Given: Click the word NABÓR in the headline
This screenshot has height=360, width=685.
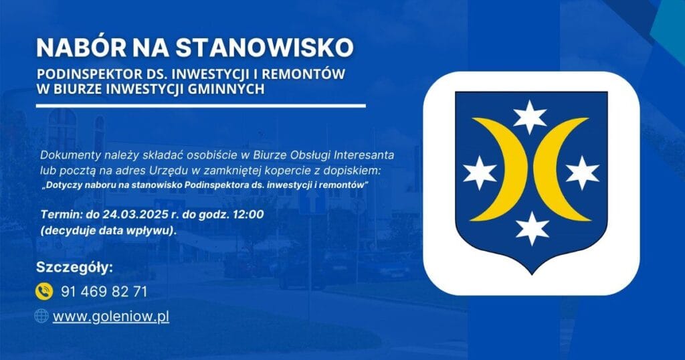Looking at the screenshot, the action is click(81, 48).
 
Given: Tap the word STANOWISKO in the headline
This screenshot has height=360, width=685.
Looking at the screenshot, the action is click(264, 48).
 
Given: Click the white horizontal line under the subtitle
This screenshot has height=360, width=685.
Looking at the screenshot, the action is click(201, 106).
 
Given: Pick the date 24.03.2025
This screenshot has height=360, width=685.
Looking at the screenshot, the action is click(131, 215).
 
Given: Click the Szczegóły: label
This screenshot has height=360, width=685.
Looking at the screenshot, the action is click(74, 268).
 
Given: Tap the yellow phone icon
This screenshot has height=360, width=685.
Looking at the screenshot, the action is click(44, 291).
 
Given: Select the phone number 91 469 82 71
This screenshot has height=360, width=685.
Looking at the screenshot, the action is click(104, 292).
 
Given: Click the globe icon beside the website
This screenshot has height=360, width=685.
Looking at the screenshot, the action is click(41, 315).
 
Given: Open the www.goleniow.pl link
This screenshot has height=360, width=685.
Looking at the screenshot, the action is click(111, 317).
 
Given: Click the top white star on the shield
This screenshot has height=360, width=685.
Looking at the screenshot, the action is click(530, 116).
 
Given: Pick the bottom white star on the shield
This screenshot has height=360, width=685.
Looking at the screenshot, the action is click(532, 228).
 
